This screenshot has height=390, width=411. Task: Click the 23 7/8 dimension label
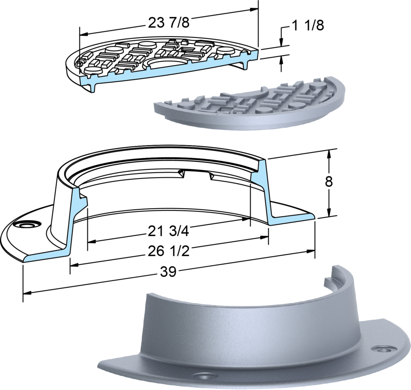coord(169,22)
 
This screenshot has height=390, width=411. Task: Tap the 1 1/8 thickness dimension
coord(307,25)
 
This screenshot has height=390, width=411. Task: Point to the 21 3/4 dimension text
coord(168,231)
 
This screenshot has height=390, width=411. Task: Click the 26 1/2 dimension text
coord(169,251)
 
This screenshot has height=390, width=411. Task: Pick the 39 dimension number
coord(168,272)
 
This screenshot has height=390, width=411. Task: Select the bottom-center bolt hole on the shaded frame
coord(205,377)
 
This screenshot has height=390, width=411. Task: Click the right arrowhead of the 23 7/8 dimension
coord(254,10)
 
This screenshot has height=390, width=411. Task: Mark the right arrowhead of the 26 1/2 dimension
coord(311,251)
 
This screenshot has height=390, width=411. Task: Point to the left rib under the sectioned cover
coord(93,86)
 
